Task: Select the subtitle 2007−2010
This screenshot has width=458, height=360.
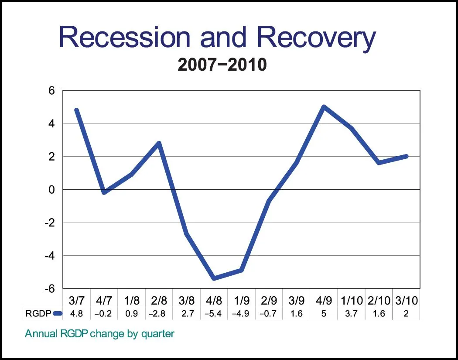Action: (x=222, y=65)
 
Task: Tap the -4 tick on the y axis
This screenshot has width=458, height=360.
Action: (x=49, y=255)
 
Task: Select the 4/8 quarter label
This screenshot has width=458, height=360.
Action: (x=214, y=301)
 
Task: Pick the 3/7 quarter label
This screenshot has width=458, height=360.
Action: (x=77, y=301)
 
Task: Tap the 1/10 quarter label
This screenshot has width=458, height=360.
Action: (x=351, y=301)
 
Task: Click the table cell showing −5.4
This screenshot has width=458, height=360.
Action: (x=214, y=314)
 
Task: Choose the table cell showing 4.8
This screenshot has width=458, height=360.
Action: (x=77, y=314)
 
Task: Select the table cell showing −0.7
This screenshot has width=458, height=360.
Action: (x=269, y=314)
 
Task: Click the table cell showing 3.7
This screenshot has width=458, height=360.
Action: (x=351, y=314)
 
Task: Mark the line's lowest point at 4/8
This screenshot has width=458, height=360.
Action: (x=214, y=278)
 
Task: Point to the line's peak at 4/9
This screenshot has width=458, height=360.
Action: (x=324, y=107)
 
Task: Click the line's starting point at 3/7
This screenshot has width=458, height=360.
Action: (x=77, y=110)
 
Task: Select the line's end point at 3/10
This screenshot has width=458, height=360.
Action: (x=406, y=156)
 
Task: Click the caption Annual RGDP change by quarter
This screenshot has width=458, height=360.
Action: (x=99, y=334)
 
